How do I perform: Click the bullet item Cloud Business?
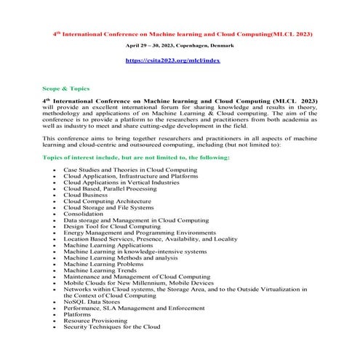(x=85, y=195)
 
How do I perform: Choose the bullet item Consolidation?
(x=84, y=214)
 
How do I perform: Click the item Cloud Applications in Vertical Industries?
(x=121, y=182)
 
